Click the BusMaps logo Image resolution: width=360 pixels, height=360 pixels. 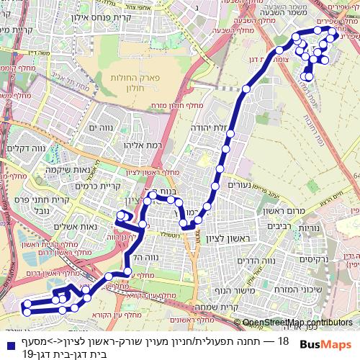[325, 345]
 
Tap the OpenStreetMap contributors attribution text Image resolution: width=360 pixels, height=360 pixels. [297, 323]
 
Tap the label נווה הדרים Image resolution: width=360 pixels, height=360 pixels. [256, 259]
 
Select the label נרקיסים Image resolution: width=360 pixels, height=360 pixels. [314, 259]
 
